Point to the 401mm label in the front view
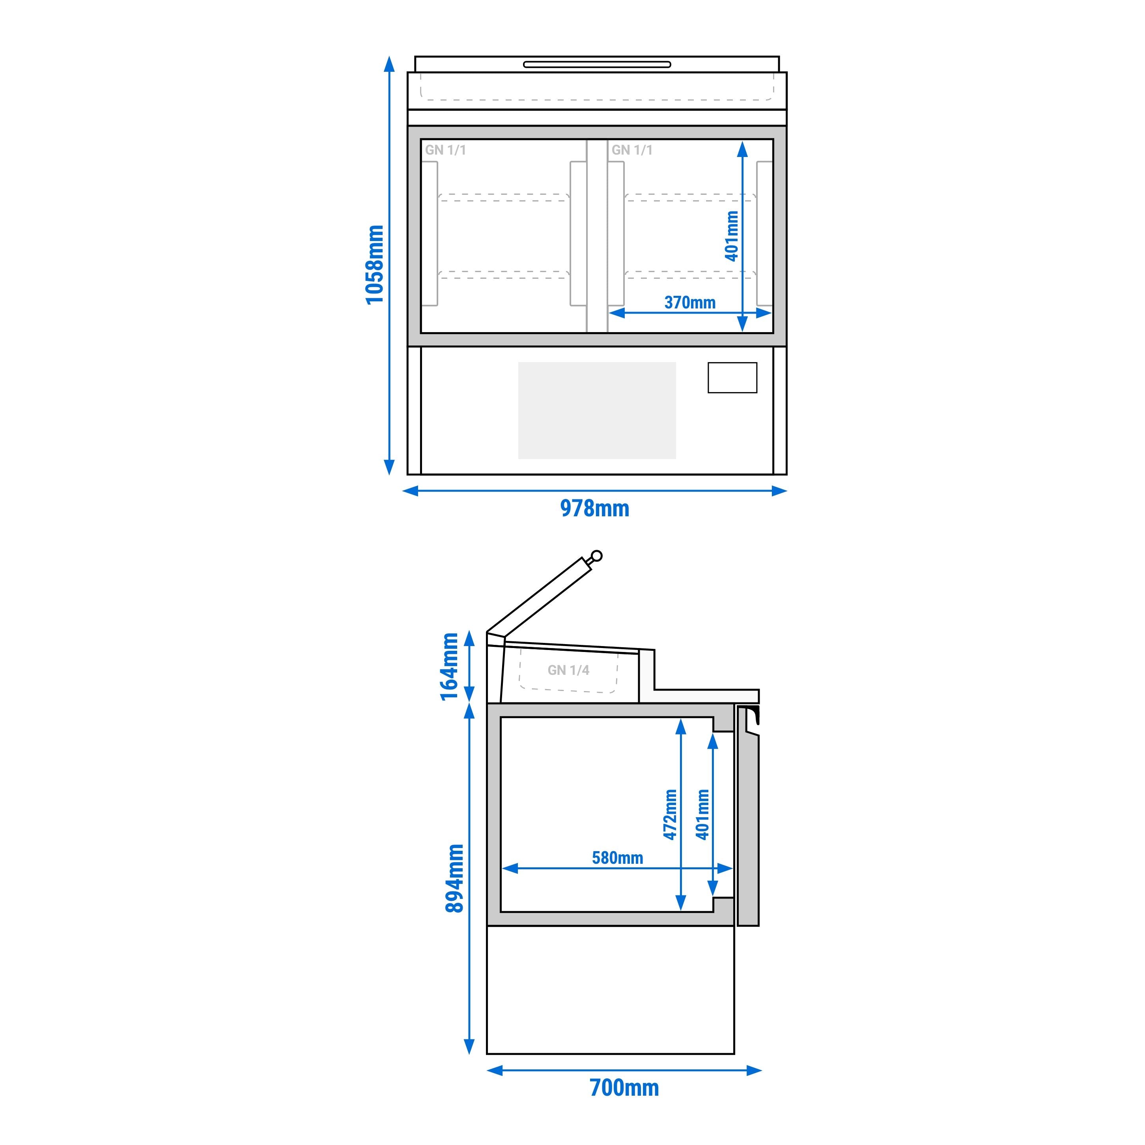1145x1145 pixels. (x=732, y=235)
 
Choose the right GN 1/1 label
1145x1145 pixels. (x=632, y=150)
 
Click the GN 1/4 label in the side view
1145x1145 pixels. (x=568, y=670)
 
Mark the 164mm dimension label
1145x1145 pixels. (x=449, y=667)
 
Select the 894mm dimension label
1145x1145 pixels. (x=454, y=878)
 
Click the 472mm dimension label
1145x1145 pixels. (x=670, y=814)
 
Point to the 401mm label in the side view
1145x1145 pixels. (x=703, y=814)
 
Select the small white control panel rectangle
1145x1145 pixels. (x=732, y=377)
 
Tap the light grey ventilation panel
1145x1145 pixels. (x=597, y=410)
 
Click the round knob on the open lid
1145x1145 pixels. (x=597, y=555)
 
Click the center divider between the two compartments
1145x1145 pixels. (x=597, y=236)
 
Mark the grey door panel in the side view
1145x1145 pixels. (x=747, y=830)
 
